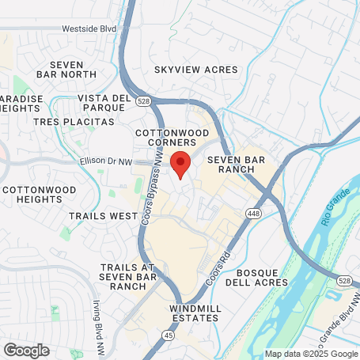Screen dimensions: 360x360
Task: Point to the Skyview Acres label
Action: pyautogui.click(x=195, y=70)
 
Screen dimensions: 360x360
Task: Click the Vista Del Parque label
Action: pyautogui.click(x=104, y=103)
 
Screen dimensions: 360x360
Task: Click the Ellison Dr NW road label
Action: pyautogui.click(x=104, y=161)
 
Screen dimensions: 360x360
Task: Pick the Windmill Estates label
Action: pyautogui.click(x=194, y=313)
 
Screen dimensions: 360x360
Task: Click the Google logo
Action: pyautogui.click(x=26, y=350)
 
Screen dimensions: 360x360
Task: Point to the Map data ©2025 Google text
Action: pyautogui.click(x=311, y=354)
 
